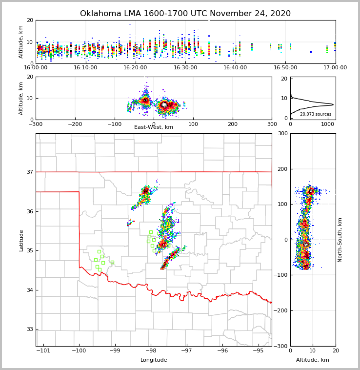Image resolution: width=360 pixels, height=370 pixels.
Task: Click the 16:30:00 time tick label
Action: click(185, 67)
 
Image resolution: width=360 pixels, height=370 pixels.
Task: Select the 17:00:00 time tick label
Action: click(335, 67)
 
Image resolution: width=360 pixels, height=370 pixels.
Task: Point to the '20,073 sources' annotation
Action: click(316, 114)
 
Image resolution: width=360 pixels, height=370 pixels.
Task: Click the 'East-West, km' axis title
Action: click(154, 127)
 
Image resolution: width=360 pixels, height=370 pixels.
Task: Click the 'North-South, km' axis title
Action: click(340, 240)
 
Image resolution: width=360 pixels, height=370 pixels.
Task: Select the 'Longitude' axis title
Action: click(154, 360)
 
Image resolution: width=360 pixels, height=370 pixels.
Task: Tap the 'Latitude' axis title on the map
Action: click(21, 240)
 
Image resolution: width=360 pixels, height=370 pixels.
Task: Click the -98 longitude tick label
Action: click(151, 350)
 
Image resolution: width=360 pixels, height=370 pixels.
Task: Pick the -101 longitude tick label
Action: click(43, 350)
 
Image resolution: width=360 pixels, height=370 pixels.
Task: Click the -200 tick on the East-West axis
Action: click(75, 124)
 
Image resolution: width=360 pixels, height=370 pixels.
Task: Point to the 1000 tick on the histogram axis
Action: click(327, 124)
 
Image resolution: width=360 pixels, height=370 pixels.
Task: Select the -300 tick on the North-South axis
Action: click(281, 346)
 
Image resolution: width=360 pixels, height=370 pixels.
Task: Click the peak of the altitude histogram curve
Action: click(333, 104)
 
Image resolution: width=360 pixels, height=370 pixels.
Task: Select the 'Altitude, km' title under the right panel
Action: click(313, 360)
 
